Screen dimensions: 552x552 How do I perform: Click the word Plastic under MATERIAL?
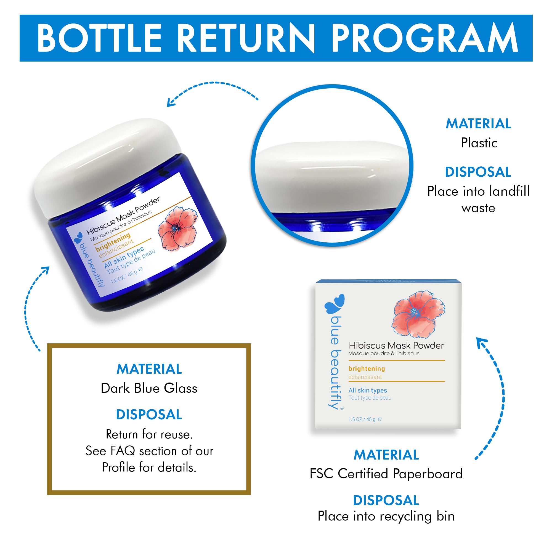[479, 143]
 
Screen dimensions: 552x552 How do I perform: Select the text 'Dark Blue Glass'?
[149, 388]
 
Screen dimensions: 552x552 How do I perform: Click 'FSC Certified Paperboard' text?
[386, 474]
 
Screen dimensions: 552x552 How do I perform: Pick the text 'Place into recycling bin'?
[386, 516]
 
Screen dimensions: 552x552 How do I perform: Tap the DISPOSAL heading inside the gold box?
[149, 414]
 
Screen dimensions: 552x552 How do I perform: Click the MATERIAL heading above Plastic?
[478, 124]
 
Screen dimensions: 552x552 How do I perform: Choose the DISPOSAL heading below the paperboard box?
[386, 500]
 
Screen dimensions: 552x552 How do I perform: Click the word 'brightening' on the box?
[367, 368]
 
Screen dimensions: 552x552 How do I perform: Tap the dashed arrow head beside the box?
[482, 343]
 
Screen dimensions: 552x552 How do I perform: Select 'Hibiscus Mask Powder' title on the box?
[396, 346]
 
